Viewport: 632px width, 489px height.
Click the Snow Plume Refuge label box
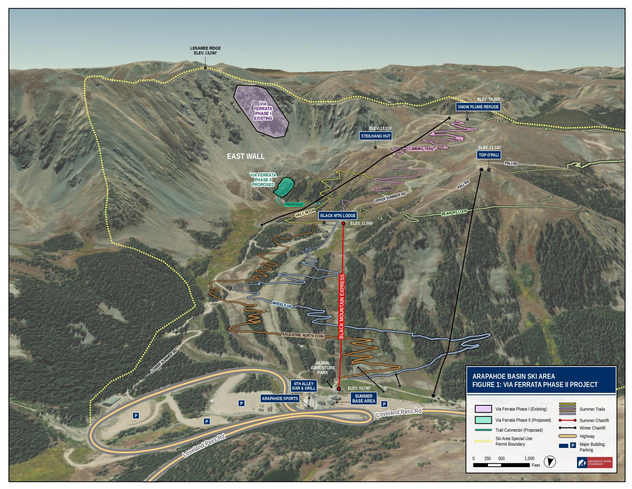pos(478,107)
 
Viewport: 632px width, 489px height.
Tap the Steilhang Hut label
pos(375,136)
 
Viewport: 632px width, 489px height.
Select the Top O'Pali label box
pos(489,155)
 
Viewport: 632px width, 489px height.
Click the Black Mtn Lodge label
pos(338,216)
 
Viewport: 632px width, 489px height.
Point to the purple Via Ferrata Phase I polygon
pos(261,111)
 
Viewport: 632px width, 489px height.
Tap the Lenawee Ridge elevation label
pos(205,51)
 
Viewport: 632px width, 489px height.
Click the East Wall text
pos(246,157)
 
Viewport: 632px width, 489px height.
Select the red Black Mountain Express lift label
pos(342,306)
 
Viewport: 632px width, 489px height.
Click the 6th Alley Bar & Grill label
pos(304,386)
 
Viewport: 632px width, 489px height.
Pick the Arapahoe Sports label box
pos(280,398)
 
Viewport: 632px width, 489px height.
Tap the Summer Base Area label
pos(364,398)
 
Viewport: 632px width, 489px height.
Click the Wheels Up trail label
pos(281,305)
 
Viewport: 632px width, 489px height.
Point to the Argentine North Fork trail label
pos(303,335)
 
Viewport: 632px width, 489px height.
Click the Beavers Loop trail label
pos(454,213)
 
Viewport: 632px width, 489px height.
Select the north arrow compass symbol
pos(549,462)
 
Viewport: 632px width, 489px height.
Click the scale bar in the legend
pos(501,465)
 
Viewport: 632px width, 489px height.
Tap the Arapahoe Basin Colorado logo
pos(594,462)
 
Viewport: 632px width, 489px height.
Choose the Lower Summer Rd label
pos(164,360)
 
